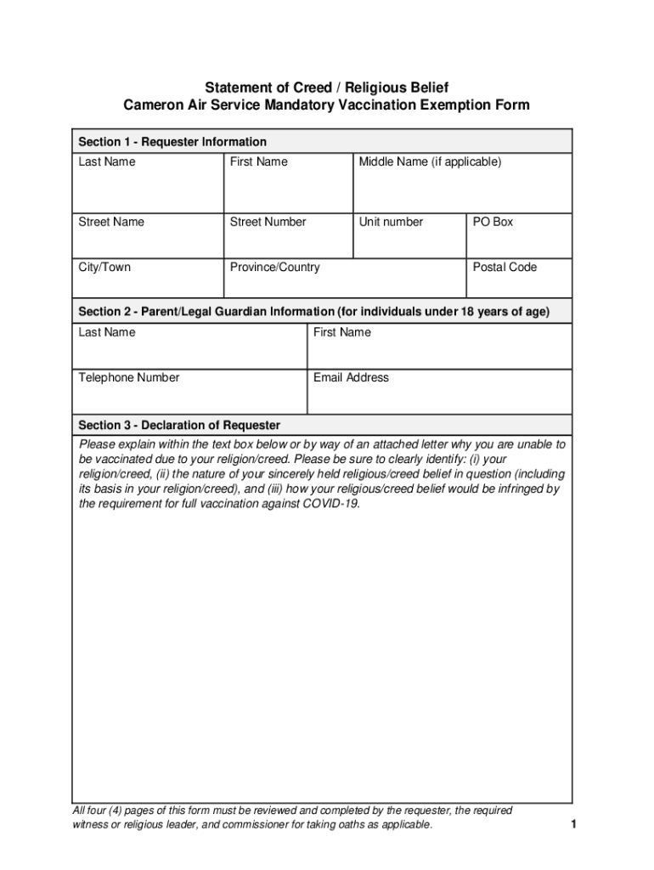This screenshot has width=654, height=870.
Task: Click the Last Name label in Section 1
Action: (x=107, y=161)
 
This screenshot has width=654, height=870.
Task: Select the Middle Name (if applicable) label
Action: (x=430, y=161)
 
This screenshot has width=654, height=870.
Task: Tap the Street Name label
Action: (x=111, y=222)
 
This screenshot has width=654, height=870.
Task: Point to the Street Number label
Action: (x=268, y=222)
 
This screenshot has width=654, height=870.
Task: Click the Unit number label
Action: (x=391, y=222)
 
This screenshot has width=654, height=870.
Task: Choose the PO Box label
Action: (x=493, y=222)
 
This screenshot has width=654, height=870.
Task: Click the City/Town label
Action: (x=104, y=267)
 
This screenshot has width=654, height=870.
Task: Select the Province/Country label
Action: (x=274, y=267)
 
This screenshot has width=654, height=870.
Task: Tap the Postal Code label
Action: (x=505, y=267)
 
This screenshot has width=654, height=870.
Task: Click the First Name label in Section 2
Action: (x=341, y=332)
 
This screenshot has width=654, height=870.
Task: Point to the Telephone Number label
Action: (x=129, y=377)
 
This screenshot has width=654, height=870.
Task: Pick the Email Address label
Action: (x=351, y=377)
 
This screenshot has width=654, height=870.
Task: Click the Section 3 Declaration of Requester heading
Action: (x=179, y=425)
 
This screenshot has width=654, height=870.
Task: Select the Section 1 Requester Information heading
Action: (x=172, y=142)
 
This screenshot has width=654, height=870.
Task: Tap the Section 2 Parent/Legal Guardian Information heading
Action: (x=313, y=312)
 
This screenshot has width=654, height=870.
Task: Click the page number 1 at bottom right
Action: (x=574, y=824)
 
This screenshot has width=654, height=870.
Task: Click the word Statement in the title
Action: (x=237, y=88)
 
